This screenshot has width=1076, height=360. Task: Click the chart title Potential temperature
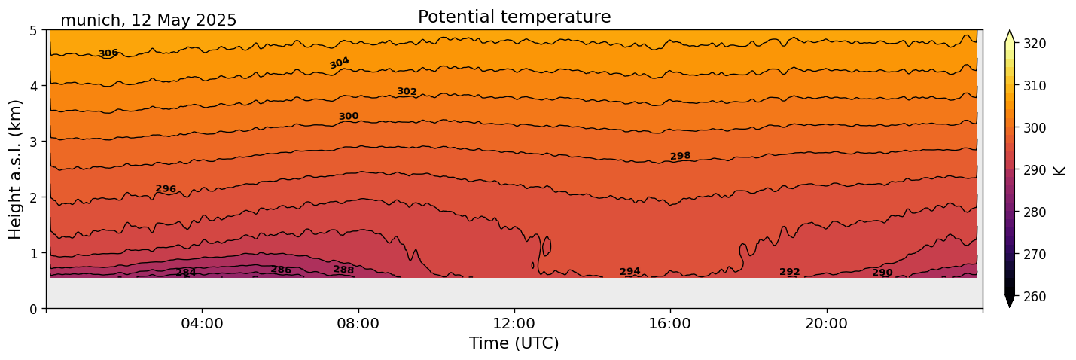click(x=514, y=17)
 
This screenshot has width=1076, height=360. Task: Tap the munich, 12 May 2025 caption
click(x=148, y=20)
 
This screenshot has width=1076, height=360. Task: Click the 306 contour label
click(x=108, y=53)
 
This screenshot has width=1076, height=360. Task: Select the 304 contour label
click(x=340, y=63)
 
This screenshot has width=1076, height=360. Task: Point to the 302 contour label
click(x=407, y=92)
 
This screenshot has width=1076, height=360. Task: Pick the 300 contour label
click(x=349, y=117)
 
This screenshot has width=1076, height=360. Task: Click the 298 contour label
click(x=680, y=156)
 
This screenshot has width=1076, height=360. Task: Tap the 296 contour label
click(x=166, y=189)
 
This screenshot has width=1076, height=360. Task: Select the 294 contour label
click(x=630, y=272)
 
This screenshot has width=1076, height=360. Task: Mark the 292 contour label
click(x=790, y=272)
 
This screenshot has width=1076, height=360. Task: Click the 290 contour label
click(x=882, y=273)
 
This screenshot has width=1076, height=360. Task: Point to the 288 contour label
click(x=343, y=270)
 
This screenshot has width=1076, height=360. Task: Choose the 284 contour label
click(x=186, y=273)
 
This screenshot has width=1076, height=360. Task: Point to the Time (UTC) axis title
click(x=514, y=344)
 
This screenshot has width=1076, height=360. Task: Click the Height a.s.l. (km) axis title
click(x=16, y=169)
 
